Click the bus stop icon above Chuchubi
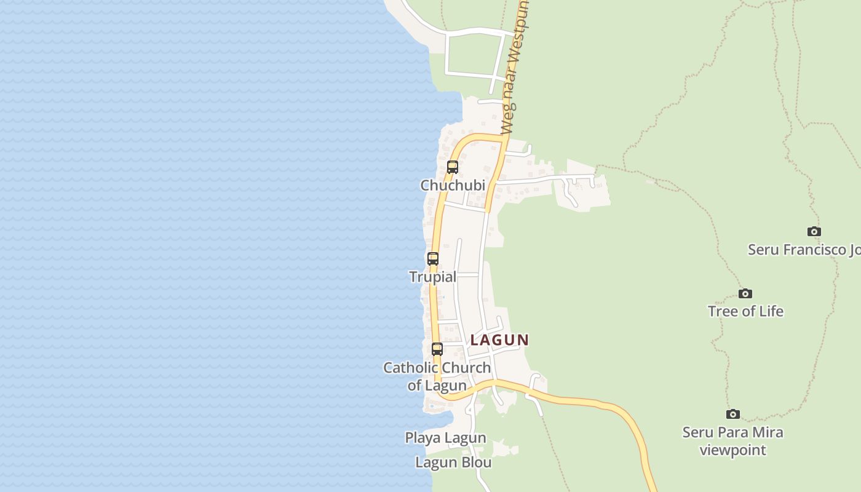tap(453, 167)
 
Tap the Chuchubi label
tap(453, 185)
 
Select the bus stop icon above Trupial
tap(433, 259)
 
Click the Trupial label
tap(433, 277)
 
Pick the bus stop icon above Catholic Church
tap(437, 349)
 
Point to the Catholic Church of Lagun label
tap(437, 376)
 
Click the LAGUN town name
tap(499, 339)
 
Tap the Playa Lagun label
tap(445, 438)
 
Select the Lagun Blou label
tap(453, 462)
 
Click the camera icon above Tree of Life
tap(745, 293)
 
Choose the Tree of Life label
tap(745, 311)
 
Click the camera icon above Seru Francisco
tap(814, 232)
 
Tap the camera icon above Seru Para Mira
tap(732, 414)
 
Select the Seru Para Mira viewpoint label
tap(732, 441)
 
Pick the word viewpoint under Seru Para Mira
tap(732, 450)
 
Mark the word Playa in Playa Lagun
tap(423, 438)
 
